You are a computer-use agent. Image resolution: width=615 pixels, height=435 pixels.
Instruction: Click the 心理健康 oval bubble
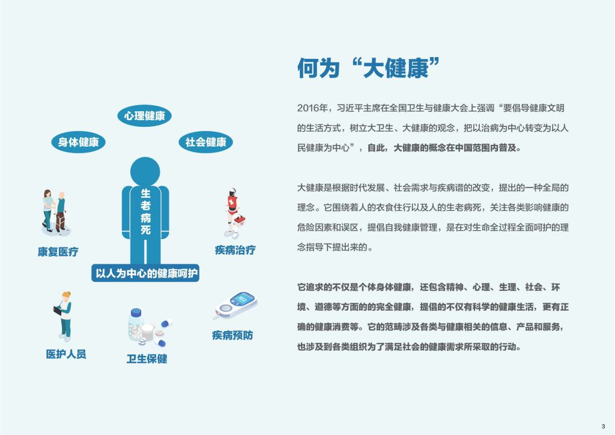tap(144, 116)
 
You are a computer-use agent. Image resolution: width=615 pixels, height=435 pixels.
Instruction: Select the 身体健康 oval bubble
tap(79, 142)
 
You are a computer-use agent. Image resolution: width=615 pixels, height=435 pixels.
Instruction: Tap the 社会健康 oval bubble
tap(206, 142)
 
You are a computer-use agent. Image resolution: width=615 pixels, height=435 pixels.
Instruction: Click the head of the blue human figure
tap(145, 172)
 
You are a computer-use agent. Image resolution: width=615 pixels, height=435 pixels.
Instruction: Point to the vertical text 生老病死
tap(145, 211)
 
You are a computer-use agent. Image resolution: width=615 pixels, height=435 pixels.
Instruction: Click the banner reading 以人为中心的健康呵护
tap(145, 273)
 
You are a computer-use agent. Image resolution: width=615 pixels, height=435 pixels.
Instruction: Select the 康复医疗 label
tap(58, 252)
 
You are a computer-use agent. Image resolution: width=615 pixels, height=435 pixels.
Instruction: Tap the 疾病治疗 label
tap(235, 250)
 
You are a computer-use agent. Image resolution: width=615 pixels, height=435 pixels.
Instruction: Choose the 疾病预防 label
tap(232, 335)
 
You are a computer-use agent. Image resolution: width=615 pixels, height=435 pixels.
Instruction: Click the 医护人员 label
tap(66, 354)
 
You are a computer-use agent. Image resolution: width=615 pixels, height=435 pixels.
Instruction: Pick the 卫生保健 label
tap(147, 359)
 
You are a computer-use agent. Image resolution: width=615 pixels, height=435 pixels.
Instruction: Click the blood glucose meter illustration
tap(235, 305)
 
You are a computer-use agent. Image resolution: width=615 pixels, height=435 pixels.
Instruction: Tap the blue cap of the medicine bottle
tap(136, 312)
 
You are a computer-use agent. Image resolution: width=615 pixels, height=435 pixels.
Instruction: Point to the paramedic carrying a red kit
tap(235, 213)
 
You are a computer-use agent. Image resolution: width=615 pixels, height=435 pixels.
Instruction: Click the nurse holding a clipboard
tap(64, 316)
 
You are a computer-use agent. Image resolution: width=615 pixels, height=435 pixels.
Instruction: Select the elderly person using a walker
tap(61, 212)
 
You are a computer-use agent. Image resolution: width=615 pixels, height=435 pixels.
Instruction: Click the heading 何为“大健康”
tap(368, 68)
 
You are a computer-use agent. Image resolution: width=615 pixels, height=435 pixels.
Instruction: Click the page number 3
tap(603, 426)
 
